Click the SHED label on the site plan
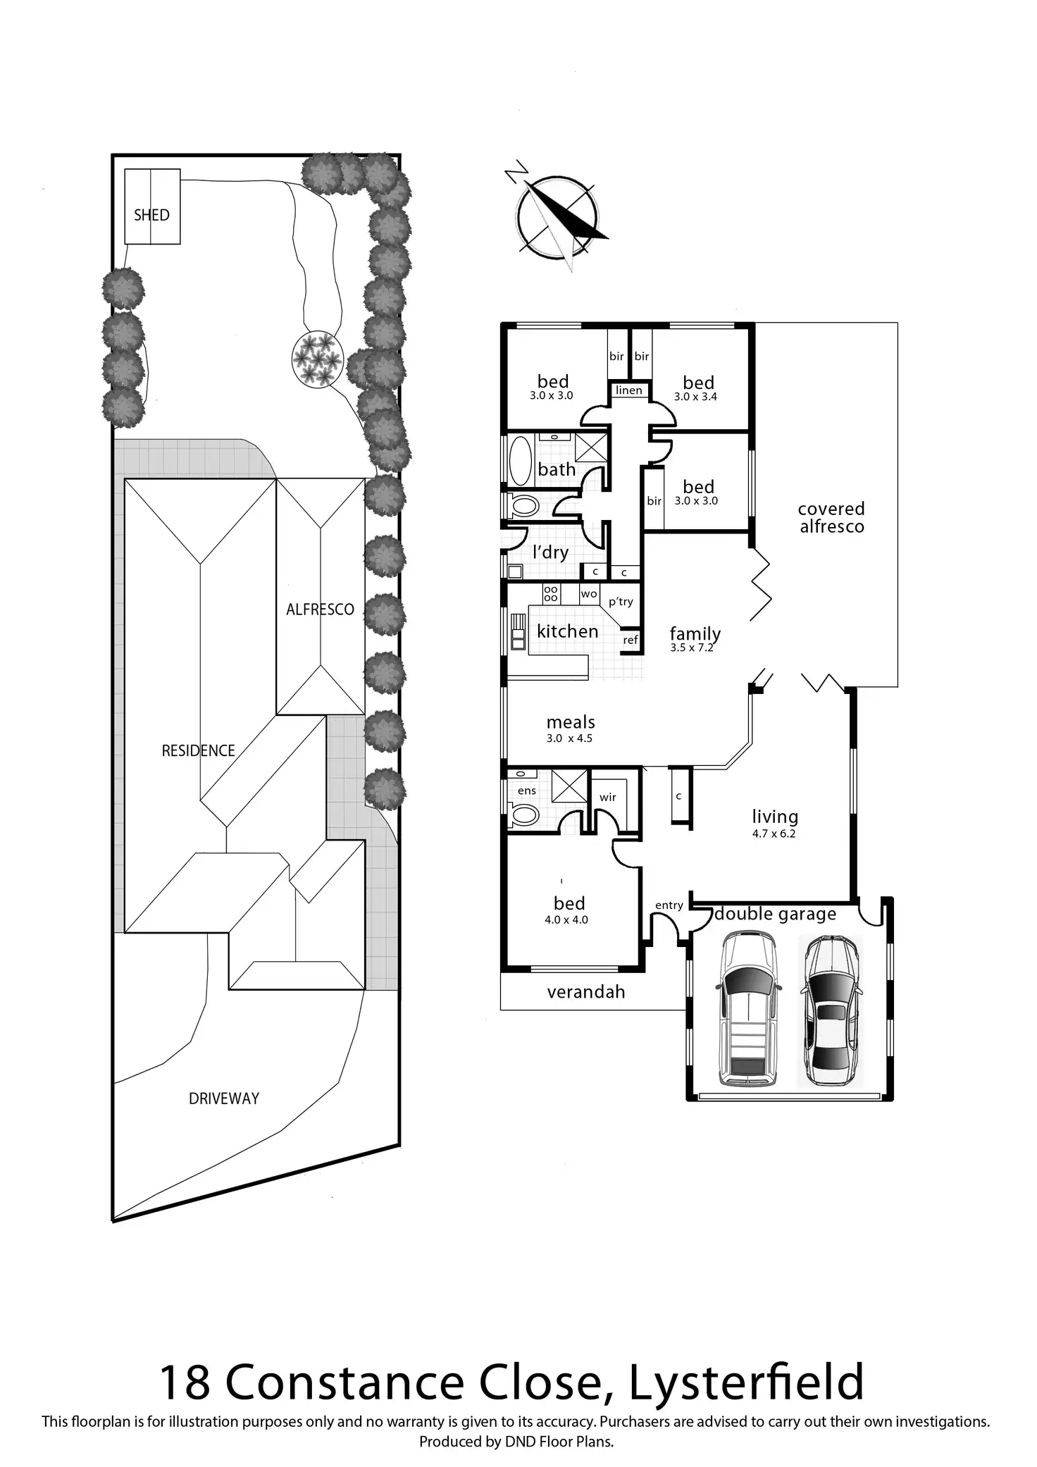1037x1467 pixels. click(151, 215)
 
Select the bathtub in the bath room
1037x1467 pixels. click(521, 461)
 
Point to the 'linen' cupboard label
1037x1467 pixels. click(629, 390)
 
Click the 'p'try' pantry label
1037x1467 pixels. click(621, 602)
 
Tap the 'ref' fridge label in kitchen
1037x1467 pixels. click(631, 640)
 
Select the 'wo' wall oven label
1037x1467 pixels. click(589, 594)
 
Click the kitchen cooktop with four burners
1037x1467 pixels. click(551, 593)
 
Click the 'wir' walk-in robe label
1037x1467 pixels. click(608, 797)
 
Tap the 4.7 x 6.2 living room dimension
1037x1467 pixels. click(774, 834)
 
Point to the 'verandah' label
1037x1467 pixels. click(586, 992)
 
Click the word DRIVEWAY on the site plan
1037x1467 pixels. click(224, 1098)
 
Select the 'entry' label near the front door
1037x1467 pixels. click(669, 905)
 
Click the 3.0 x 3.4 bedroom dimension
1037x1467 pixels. click(695, 397)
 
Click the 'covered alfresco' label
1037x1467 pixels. click(831, 518)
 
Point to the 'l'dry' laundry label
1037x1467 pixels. click(550, 552)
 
